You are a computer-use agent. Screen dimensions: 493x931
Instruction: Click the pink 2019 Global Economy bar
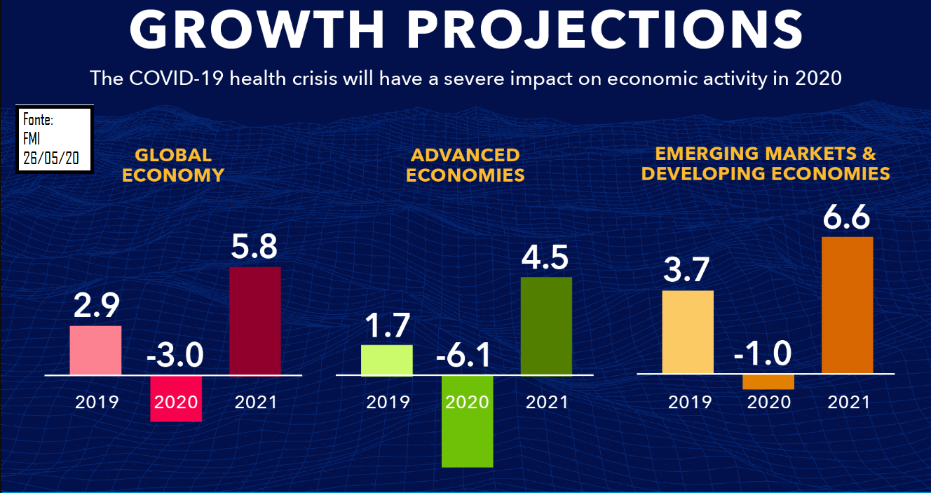pos(95,350)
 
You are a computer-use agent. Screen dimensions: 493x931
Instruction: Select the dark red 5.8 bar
pos(255,320)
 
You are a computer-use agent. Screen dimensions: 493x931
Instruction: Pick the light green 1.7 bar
pos(387,360)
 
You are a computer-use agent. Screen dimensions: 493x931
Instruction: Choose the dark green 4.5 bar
pos(546,326)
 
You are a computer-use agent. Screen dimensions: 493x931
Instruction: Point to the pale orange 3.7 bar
pos(688,332)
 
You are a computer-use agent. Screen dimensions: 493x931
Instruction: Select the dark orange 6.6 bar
pos(847,305)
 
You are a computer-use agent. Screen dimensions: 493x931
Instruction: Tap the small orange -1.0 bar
pos(768,381)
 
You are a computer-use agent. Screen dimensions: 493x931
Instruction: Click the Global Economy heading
pos(173,165)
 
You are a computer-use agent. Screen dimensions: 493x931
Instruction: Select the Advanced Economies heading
pos(465,165)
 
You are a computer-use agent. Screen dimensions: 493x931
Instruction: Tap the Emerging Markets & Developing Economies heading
pos(766,163)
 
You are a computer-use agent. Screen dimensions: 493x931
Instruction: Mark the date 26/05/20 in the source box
pos(50,158)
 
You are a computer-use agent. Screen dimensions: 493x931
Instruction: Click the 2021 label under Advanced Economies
pos(547,403)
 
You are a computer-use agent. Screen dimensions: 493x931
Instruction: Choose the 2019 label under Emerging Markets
pos(689,403)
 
